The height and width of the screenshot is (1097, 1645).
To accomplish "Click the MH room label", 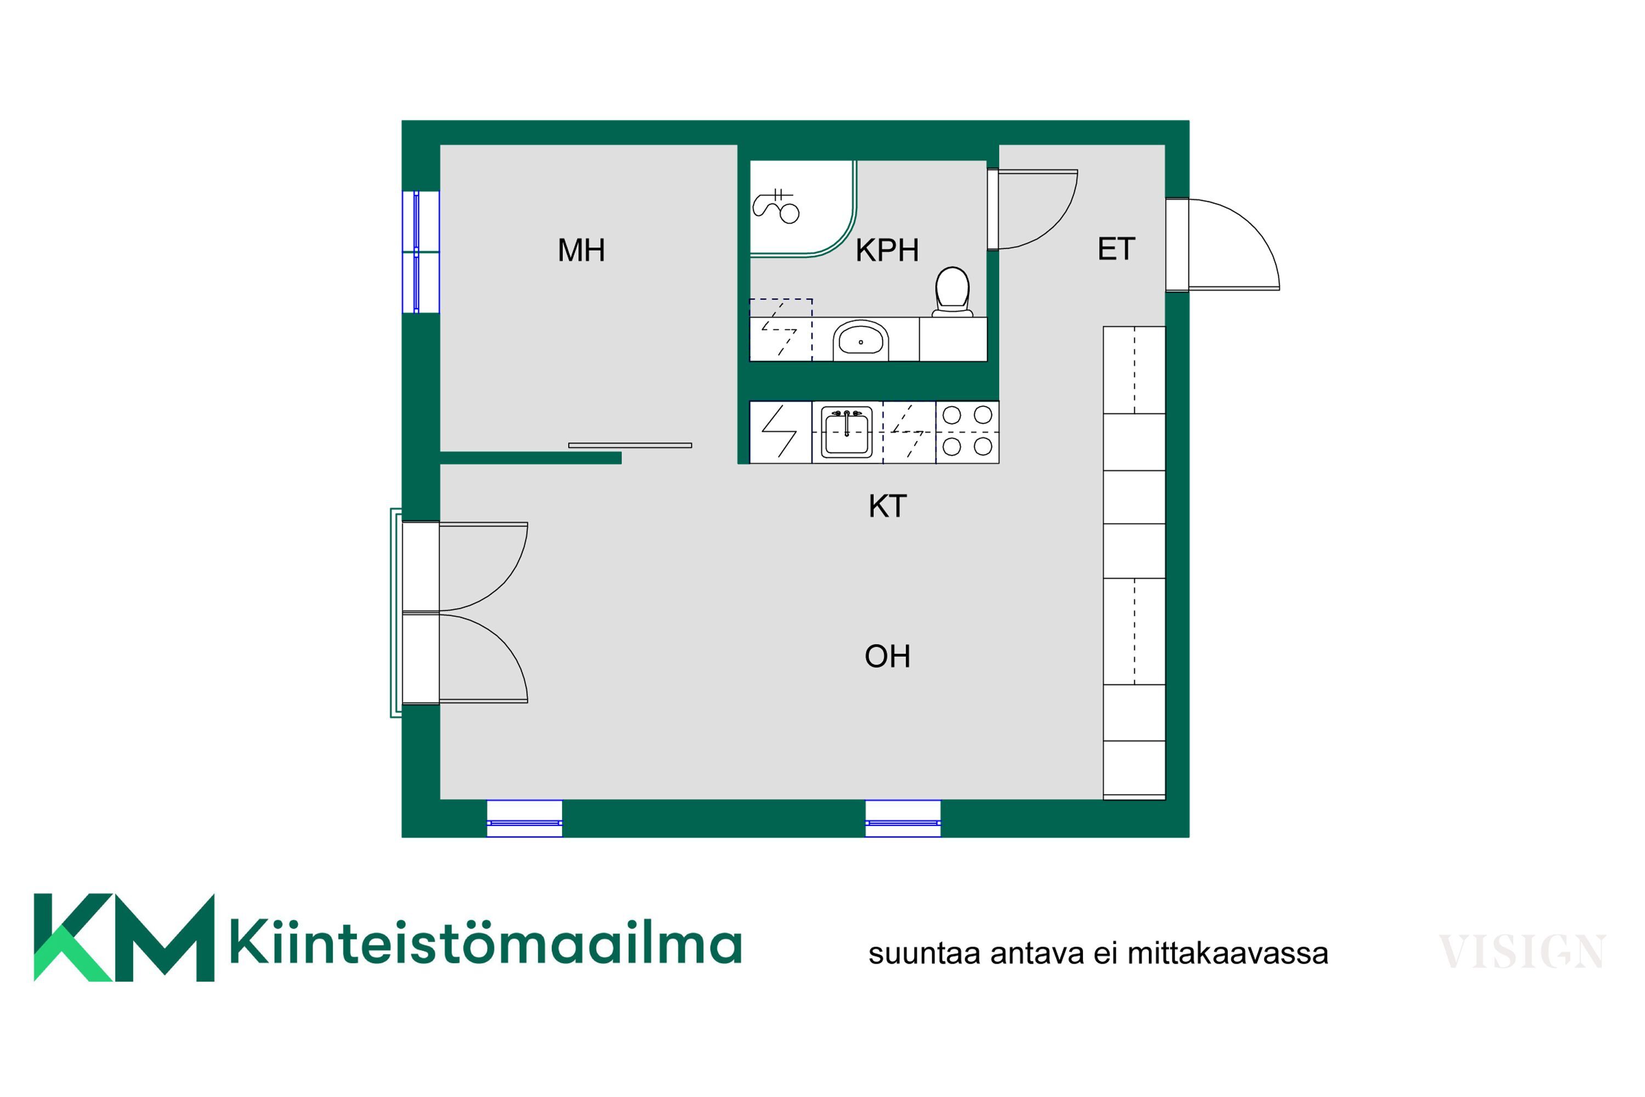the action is coord(581,251).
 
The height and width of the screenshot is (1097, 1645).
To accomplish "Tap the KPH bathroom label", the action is coord(887,251).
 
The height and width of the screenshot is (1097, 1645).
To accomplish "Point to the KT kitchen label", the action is coord(888,506).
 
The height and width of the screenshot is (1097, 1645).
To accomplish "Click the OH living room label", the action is coord(888,656).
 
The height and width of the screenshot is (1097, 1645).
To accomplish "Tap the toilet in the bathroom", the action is coord(952,292).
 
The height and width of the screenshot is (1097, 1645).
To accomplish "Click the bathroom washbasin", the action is coord(860,340).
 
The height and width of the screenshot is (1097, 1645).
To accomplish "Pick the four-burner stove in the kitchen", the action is coord(967,432).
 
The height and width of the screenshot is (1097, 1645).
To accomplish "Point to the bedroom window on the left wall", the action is coord(421,251).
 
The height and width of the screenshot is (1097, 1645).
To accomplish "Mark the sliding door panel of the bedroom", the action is coord(629,445).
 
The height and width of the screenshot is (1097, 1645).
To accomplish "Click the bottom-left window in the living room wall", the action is coord(525,818).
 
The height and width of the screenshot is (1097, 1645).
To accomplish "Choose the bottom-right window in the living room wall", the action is coord(903,818).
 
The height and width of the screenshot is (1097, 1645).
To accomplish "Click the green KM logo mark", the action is coord(124,937).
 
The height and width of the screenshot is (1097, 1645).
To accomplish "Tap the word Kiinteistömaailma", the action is coord(486,945).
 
